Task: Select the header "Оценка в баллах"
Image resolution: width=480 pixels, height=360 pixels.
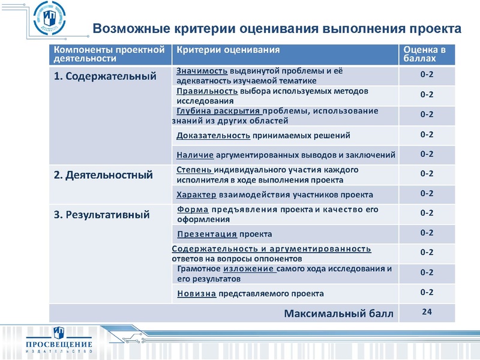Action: (x=425, y=55)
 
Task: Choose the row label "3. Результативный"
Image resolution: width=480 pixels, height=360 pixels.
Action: (x=101, y=214)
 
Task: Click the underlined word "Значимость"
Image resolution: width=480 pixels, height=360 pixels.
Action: (x=202, y=71)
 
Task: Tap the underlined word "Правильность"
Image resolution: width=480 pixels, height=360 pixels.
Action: (x=208, y=91)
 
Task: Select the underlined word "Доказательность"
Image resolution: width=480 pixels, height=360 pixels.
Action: (x=214, y=136)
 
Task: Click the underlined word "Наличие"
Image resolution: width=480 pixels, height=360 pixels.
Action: (x=196, y=155)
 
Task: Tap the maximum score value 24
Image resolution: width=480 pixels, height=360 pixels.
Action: (x=427, y=311)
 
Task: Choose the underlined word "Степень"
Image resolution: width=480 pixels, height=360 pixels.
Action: (x=193, y=170)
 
